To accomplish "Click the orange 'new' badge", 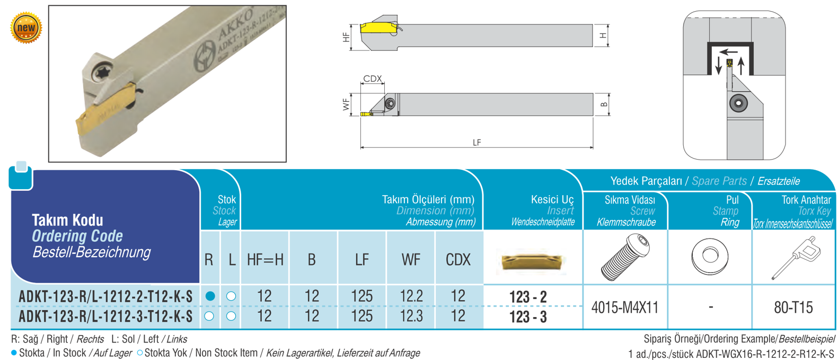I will click(26, 28).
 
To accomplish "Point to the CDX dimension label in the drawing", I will click(373, 78).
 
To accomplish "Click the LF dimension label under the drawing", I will click(477, 143).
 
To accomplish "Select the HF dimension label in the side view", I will click(347, 37).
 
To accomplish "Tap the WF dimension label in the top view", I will click(347, 104).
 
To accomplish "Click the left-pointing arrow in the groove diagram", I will click(729, 52).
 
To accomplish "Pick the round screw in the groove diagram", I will click(738, 103).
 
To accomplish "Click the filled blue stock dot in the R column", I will click(210, 296).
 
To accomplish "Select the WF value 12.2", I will click(411, 296).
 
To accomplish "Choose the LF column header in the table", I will click(362, 260).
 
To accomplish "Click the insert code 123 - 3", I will click(527, 317).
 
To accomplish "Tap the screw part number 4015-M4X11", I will click(624, 308).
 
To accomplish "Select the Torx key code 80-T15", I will click(793, 308).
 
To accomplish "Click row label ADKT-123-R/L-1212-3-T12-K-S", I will click(105, 317).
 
